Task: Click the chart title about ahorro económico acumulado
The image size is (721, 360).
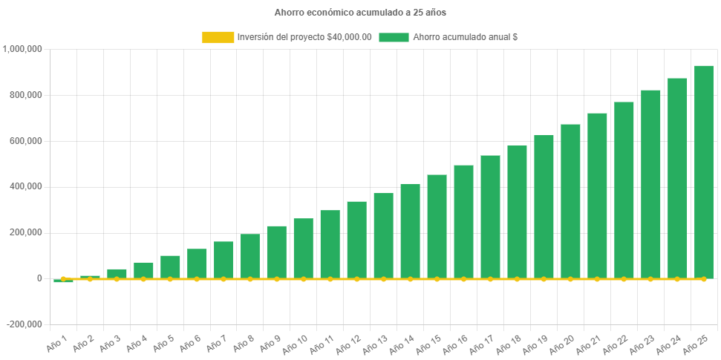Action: pyautogui.click(x=360, y=13)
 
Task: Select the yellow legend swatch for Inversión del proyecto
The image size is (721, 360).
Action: pyautogui.click(x=217, y=37)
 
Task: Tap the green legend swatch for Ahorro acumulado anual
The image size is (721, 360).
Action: pyautogui.click(x=394, y=37)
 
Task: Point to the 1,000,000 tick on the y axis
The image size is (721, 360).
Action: pyautogui.click(x=23, y=49)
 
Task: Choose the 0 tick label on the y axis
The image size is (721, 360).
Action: pyautogui.click(x=39, y=278)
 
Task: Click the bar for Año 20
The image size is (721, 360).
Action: pyautogui.click(x=570, y=201)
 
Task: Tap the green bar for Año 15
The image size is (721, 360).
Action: pyautogui.click(x=437, y=226)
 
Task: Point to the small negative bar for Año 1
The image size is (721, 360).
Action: pyautogui.click(x=63, y=281)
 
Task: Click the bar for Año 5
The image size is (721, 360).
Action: pyautogui.click(x=170, y=266)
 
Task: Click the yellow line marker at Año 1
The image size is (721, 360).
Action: pyautogui.click(x=63, y=278)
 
